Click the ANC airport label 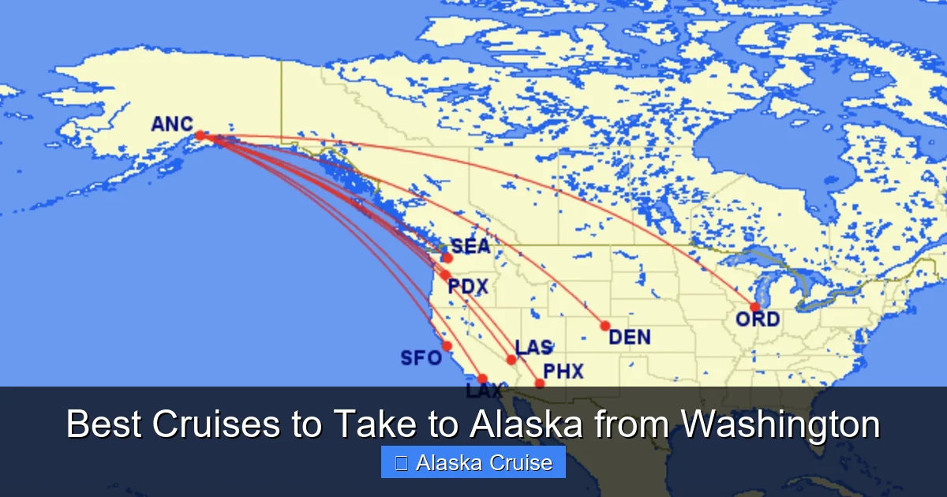pyautogui.click(x=172, y=124)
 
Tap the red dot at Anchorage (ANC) pyautogui.click(x=200, y=135)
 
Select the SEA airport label pyautogui.click(x=470, y=247)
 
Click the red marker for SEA pyautogui.click(x=447, y=257)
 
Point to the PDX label pyautogui.click(x=468, y=286)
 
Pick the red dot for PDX pyautogui.click(x=445, y=275)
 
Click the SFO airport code pyautogui.click(x=421, y=358)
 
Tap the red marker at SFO pyautogui.click(x=447, y=346)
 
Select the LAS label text pyautogui.click(x=533, y=348)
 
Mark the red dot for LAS pyautogui.click(x=511, y=360)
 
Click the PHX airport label pyautogui.click(x=563, y=371)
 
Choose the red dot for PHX pyautogui.click(x=540, y=383)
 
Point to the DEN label pyautogui.click(x=630, y=338)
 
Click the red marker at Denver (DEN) pyautogui.click(x=605, y=326)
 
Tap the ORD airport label pyautogui.click(x=758, y=319)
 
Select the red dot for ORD pyautogui.click(x=755, y=307)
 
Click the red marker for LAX pyautogui.click(x=482, y=379)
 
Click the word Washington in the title pyautogui.click(x=780, y=424)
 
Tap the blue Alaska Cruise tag pyautogui.click(x=473, y=462)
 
